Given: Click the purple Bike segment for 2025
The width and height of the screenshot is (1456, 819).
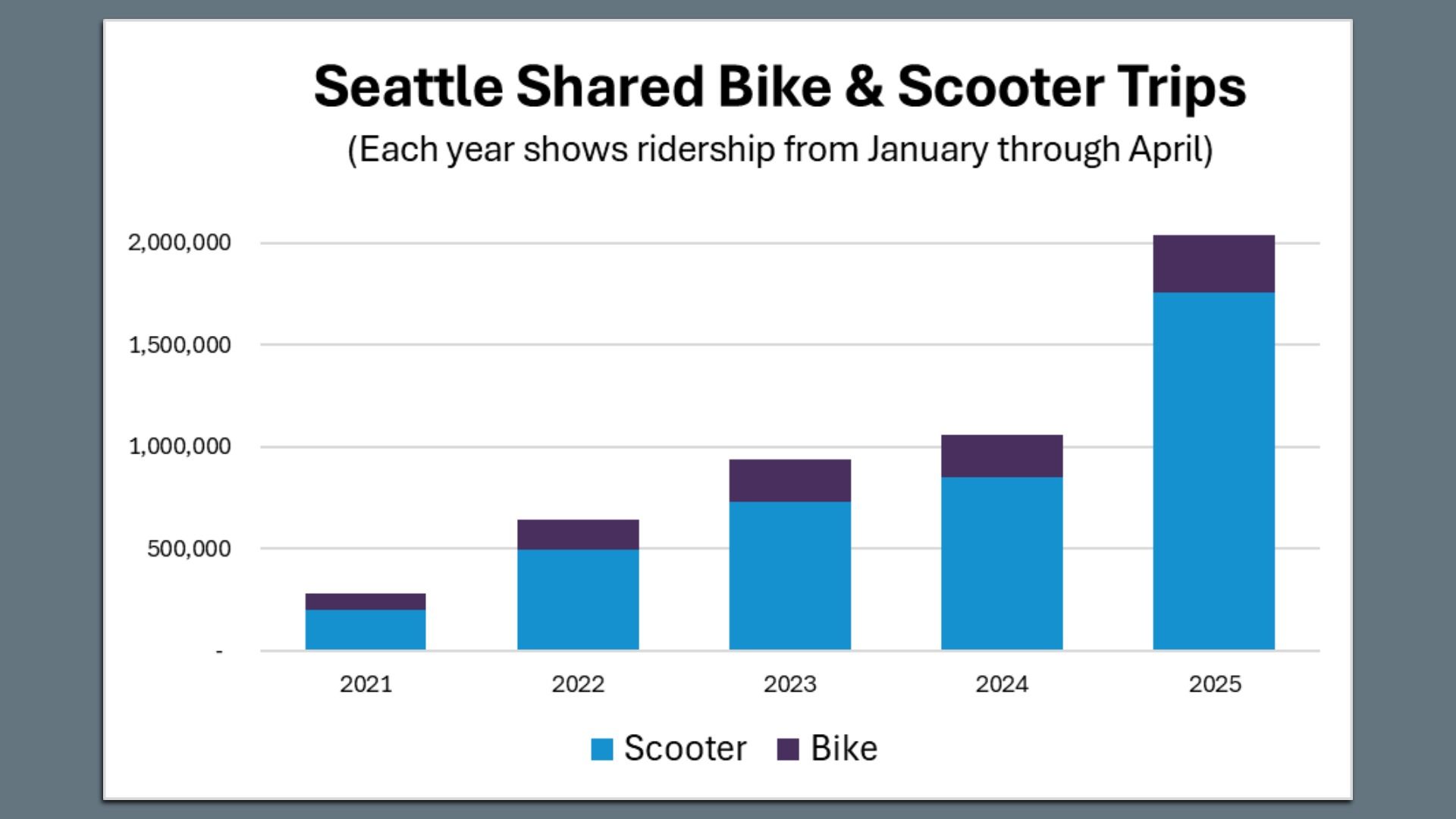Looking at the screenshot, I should [x=1213, y=264].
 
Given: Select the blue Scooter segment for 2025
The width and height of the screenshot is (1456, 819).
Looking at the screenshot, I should [x=1213, y=470].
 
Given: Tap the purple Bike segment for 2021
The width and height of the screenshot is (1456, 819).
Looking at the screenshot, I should [x=366, y=601].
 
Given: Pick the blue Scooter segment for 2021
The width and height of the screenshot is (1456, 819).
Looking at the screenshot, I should [x=366, y=629].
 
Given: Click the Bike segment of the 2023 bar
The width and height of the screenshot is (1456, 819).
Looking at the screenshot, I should [x=789, y=480].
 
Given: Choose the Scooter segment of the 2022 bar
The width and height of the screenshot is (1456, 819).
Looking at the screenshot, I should [x=578, y=599].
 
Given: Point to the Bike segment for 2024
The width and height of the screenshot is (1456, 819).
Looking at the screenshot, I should [x=1002, y=456].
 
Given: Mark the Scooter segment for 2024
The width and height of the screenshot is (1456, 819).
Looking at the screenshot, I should [x=1002, y=563].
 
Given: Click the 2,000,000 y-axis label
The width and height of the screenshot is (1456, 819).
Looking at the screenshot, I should [x=180, y=243].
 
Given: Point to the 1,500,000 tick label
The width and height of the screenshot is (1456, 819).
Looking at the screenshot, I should [x=180, y=345].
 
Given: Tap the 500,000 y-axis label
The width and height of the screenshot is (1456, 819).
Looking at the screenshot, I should [x=189, y=548].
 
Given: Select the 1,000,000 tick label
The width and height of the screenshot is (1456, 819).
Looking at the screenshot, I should [x=180, y=447].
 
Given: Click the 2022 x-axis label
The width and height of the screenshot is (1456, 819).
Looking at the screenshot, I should [x=578, y=684].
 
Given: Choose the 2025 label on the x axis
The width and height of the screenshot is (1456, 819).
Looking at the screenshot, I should [x=1215, y=684].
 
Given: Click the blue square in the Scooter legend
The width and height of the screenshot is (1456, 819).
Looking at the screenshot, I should [x=601, y=749].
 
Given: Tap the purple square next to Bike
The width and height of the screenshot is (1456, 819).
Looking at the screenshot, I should [x=788, y=749].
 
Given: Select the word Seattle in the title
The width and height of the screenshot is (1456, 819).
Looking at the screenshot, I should [x=408, y=86].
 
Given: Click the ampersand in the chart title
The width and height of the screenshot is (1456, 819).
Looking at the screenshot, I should [x=864, y=86].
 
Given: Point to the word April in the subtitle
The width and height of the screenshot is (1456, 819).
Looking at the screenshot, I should [x=1169, y=149].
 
